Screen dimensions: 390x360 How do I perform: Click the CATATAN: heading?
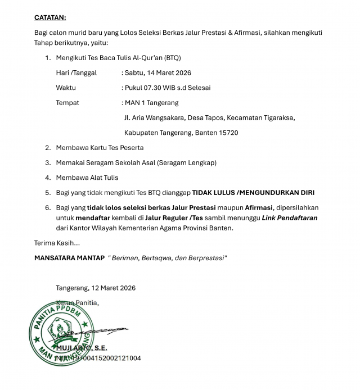point(49,18)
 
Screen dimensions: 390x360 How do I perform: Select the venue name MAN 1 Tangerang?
point(151,103)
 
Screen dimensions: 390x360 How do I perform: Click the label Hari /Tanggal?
point(76,72)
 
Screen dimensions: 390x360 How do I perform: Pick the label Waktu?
point(66,88)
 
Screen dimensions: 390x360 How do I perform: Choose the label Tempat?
point(67,103)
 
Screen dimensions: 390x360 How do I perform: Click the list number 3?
point(48,163)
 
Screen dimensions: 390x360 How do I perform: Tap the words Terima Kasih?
point(57,243)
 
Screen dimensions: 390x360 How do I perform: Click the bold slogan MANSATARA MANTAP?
point(69,258)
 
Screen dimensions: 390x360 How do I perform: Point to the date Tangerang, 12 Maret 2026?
point(96,288)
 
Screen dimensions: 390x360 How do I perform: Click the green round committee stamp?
point(61,332)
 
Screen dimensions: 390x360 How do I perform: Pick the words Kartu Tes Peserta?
point(115,148)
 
